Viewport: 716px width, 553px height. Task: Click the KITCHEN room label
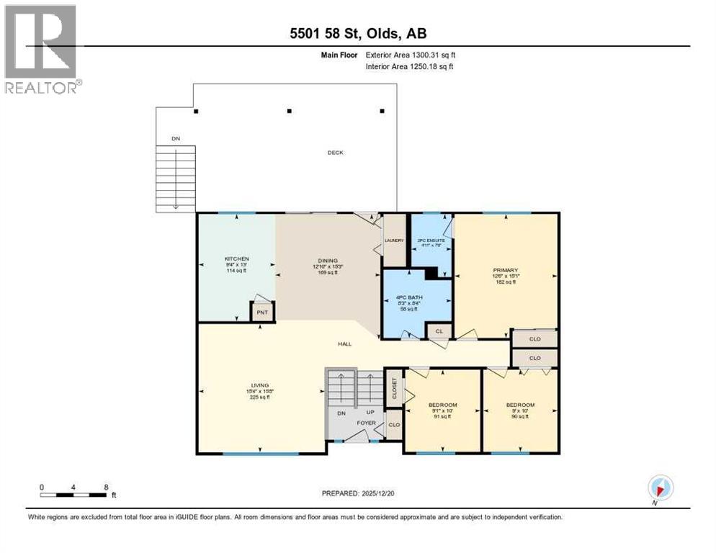pos(236,258)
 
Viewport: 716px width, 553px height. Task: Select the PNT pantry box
pos(261,312)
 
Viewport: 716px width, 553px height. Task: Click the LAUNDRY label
pos(394,240)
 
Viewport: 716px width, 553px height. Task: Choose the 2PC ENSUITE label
pos(431,240)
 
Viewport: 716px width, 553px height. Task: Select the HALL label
pos(345,344)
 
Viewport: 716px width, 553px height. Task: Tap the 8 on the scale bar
pos(107,487)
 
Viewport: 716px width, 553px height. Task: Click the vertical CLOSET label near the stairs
pos(395,388)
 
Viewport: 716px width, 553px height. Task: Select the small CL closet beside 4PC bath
pos(438,331)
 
